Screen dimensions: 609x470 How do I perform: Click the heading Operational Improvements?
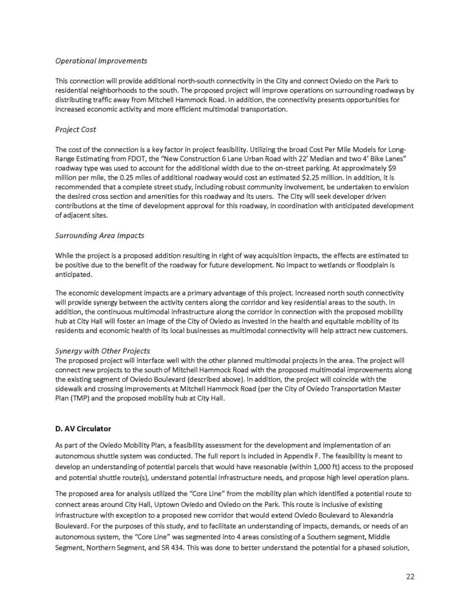pyautogui.click(x=101, y=61)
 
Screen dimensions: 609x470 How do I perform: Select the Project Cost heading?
pyautogui.click(x=75, y=130)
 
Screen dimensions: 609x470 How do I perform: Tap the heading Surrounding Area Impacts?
pyautogui.click(x=99, y=236)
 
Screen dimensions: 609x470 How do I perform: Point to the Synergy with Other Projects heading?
pyautogui.click(x=102, y=350)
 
